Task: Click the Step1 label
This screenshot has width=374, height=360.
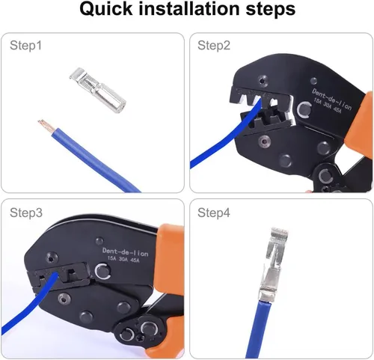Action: coord(25,46)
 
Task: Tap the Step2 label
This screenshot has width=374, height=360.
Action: coord(214,46)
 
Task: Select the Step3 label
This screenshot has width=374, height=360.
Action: coord(26,213)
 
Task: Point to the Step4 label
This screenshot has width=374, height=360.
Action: coord(214,213)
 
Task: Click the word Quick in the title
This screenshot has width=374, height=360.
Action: coord(106,9)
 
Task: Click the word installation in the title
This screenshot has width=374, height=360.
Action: coord(189,8)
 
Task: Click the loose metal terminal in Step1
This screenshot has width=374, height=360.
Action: coord(97,91)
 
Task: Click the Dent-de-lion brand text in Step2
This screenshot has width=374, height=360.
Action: coord(331,99)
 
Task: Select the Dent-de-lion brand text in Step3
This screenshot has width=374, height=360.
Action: coord(125,252)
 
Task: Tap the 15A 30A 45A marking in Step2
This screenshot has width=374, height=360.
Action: coord(327,106)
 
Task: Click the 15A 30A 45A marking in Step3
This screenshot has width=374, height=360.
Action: coord(123,259)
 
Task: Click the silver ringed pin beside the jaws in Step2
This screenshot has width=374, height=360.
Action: coord(304,109)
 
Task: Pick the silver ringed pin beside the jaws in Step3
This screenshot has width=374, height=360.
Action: coord(102,271)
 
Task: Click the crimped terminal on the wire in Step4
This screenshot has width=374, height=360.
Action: coord(274,264)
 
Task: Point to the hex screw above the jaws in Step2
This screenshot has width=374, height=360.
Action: coord(262,81)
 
